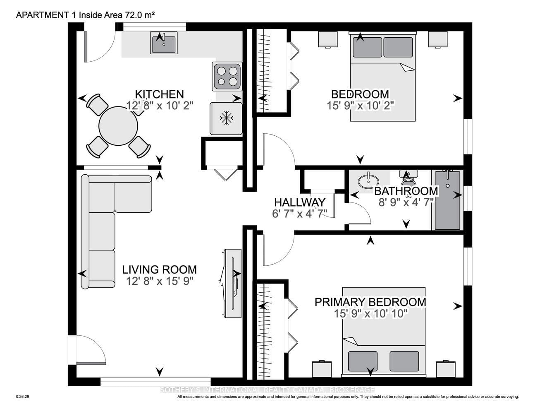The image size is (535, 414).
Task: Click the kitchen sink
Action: tap(164, 43)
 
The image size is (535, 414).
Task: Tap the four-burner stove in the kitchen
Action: tap(227, 76)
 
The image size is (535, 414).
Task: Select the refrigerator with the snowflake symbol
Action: tap(226, 118)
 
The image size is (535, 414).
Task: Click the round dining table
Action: tap(118, 126)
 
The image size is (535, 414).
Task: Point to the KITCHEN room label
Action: tap(159, 94)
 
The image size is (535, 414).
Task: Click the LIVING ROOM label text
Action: tap(159, 270)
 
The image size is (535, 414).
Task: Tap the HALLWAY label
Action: tap(300, 202)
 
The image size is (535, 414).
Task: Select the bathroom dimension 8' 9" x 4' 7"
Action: tap(406, 202)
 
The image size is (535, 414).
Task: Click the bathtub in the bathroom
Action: tap(447, 200)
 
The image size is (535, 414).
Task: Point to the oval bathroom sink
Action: tap(368, 181)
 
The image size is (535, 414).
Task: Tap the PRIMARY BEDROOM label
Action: tap(370, 302)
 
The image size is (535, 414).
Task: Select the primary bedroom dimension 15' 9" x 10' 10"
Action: tap(370, 314)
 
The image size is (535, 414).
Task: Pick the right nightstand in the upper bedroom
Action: tap(438, 39)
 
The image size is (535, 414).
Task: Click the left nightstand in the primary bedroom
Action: tap(322, 369)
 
